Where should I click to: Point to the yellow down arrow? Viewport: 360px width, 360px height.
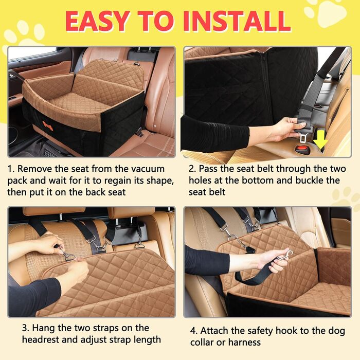320,140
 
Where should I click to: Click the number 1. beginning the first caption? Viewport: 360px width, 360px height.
11,169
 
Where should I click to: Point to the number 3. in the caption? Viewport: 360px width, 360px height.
26,328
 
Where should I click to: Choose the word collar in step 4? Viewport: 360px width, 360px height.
202,343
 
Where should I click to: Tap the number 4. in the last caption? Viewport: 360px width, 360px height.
194,331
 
